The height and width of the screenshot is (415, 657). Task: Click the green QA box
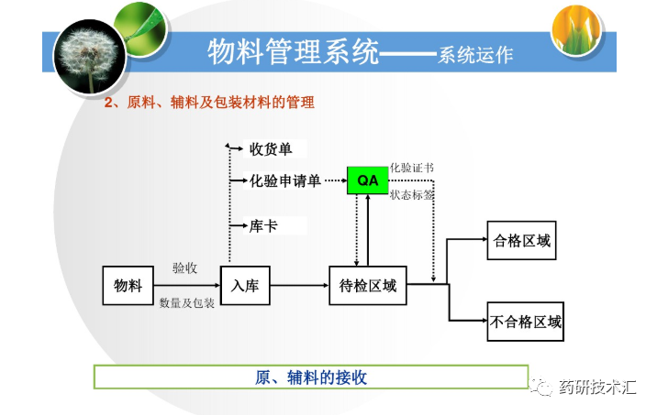tap(367, 180)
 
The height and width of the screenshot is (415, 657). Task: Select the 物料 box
tap(128, 286)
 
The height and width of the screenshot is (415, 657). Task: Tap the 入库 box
tap(245, 286)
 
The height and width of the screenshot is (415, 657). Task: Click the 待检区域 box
tap(366, 286)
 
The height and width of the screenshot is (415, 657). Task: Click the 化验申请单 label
tap(285, 180)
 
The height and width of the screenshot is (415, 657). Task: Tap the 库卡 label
tap(263, 225)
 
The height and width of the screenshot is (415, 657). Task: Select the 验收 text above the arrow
tap(184, 268)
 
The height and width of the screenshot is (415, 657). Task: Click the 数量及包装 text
tap(187, 302)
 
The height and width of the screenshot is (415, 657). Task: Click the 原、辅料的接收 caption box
tap(311, 377)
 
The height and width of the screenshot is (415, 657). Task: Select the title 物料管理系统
tap(293, 51)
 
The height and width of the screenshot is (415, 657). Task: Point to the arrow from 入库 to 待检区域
tap(299, 286)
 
